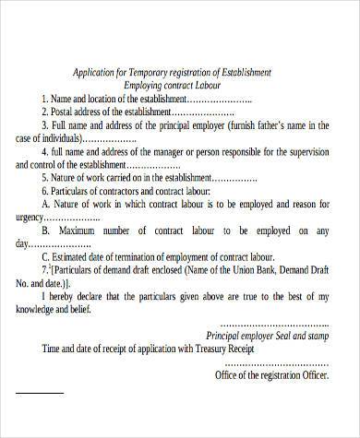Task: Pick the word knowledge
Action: click(38, 314)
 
